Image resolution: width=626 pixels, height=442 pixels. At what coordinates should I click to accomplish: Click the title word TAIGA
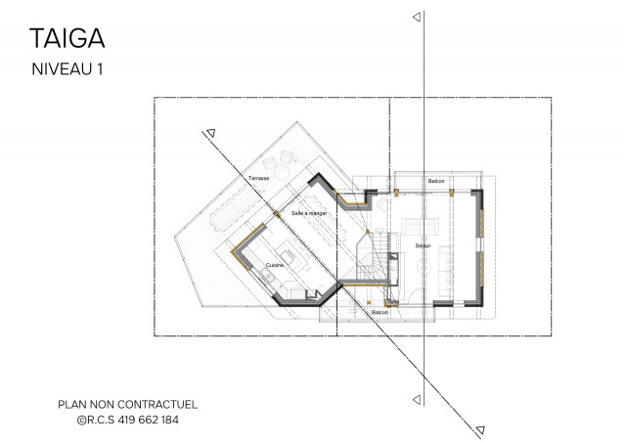point(67,38)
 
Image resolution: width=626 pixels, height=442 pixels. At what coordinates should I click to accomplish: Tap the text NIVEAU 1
point(67,69)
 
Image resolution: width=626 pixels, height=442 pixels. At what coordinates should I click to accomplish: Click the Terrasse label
point(258,179)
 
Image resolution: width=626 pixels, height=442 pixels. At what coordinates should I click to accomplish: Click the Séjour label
point(424,244)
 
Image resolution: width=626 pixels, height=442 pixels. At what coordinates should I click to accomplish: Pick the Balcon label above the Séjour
point(437,183)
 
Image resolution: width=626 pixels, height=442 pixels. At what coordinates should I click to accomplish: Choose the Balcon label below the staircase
point(380,312)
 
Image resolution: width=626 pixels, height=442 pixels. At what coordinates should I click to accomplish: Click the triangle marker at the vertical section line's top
point(418,18)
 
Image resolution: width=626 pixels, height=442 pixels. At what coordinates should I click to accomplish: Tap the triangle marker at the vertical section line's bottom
point(418,398)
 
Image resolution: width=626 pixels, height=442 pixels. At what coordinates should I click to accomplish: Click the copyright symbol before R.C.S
point(81,420)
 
